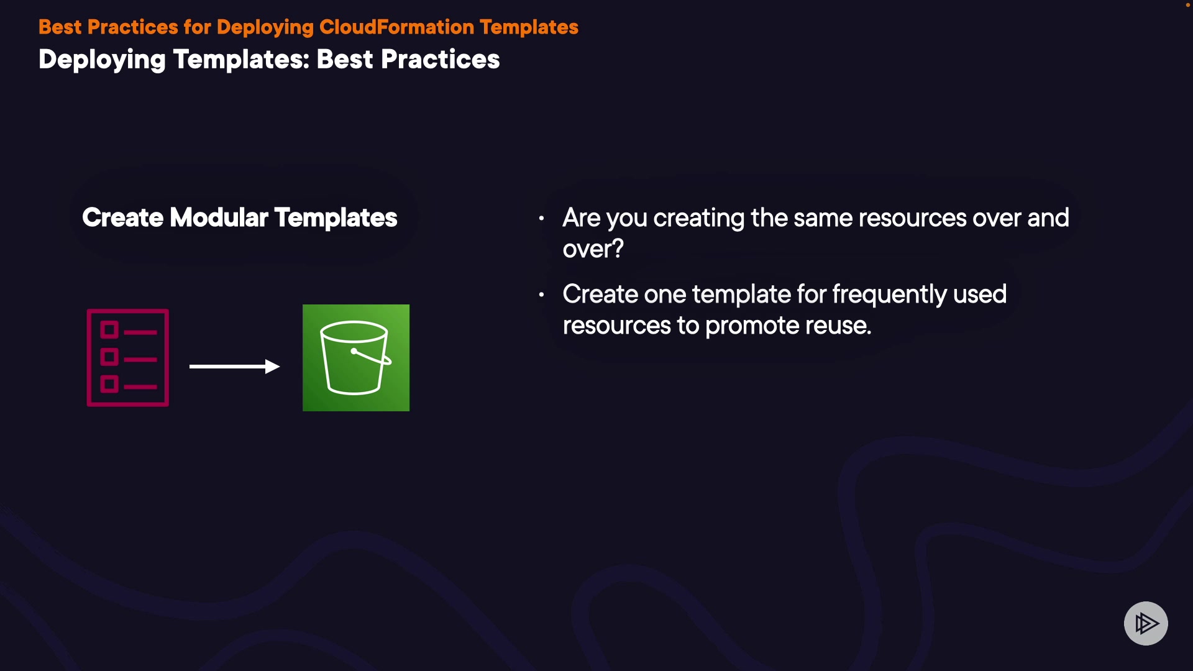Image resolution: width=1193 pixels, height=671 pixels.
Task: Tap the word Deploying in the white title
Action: coord(102,60)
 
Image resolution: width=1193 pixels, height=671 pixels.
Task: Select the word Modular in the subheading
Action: coord(219,217)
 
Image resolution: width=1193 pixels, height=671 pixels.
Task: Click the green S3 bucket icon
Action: coord(356,358)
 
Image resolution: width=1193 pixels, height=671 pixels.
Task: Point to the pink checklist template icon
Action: coord(128,358)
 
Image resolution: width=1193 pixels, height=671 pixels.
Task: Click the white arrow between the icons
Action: coord(234,367)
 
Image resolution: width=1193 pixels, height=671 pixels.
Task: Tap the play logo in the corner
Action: coord(1146,623)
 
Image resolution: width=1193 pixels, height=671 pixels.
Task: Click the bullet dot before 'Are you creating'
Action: coord(542,218)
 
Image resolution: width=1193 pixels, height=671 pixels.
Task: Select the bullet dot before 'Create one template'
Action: coord(542,294)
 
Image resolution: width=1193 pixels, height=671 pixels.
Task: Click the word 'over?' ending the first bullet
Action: coord(593,249)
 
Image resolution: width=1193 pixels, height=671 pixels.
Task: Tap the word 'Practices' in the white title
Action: coord(440,60)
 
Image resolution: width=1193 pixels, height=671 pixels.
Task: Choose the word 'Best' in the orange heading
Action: coord(60,27)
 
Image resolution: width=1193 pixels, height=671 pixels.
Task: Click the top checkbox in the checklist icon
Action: coord(109,329)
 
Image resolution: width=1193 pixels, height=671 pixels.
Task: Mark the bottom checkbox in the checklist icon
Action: coord(109,384)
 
